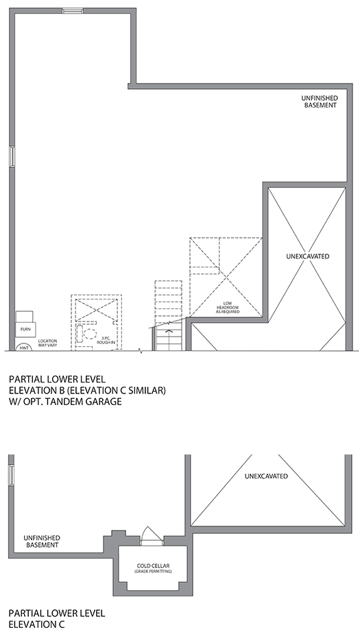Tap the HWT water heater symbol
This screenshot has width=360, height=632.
24,348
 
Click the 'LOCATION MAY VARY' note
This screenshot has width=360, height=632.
47,343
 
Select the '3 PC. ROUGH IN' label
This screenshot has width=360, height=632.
106,341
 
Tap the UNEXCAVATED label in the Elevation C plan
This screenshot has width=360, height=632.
265,476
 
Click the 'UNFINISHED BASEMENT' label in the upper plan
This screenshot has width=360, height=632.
320,102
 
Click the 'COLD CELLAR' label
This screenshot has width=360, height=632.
152,565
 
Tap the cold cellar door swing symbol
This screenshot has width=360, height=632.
149,535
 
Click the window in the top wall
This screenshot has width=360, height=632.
72,10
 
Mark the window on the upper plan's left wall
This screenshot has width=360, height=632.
11,157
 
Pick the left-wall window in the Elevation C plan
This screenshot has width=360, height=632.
11,476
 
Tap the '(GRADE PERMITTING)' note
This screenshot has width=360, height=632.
152,572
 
